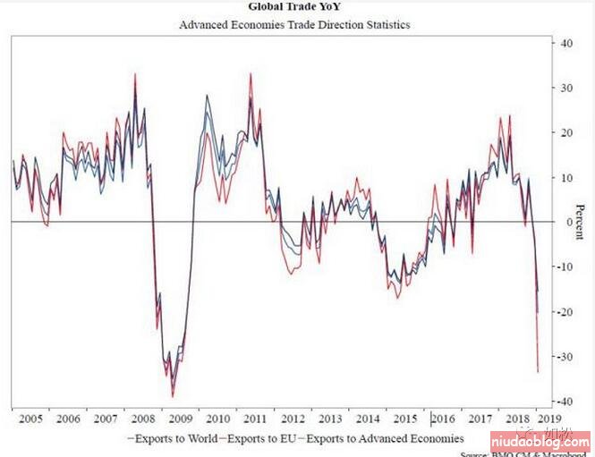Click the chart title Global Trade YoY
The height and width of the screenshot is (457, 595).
coord(289,6)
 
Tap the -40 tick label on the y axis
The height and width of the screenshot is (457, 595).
coord(566,402)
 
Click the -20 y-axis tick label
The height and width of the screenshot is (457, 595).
coord(566,312)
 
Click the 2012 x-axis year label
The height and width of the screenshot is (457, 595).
coord(293,419)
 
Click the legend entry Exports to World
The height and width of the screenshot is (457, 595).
coord(177,438)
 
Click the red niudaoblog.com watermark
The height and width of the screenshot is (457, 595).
coord(539,441)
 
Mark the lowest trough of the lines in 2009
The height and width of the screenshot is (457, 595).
coord(173,396)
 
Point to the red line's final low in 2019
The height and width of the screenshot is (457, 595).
coord(537,371)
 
